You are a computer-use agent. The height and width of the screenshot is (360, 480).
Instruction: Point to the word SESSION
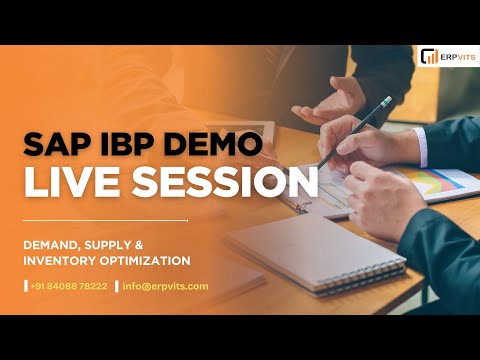[x=213, y=182]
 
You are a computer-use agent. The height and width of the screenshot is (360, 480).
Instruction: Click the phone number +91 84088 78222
[x=68, y=286]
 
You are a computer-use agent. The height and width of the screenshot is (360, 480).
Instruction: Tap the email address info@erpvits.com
[x=165, y=286]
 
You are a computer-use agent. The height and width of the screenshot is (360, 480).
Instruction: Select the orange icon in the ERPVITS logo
[x=429, y=56]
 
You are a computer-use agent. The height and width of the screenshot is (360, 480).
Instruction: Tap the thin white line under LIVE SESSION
[x=105, y=220]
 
